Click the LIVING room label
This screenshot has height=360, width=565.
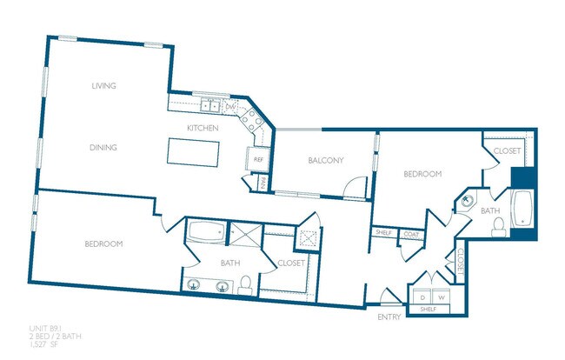(x=103, y=85)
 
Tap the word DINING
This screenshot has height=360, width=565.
(x=103, y=147)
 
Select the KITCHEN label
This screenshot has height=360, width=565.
(x=202, y=129)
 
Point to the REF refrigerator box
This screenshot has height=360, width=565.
(x=258, y=159)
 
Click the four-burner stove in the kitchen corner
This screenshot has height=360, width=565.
(x=253, y=119)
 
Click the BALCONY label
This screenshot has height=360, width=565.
(x=326, y=160)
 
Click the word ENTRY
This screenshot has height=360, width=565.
(x=389, y=317)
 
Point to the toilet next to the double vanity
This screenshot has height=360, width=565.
(x=246, y=284)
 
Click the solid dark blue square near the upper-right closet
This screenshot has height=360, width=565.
(x=524, y=178)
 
